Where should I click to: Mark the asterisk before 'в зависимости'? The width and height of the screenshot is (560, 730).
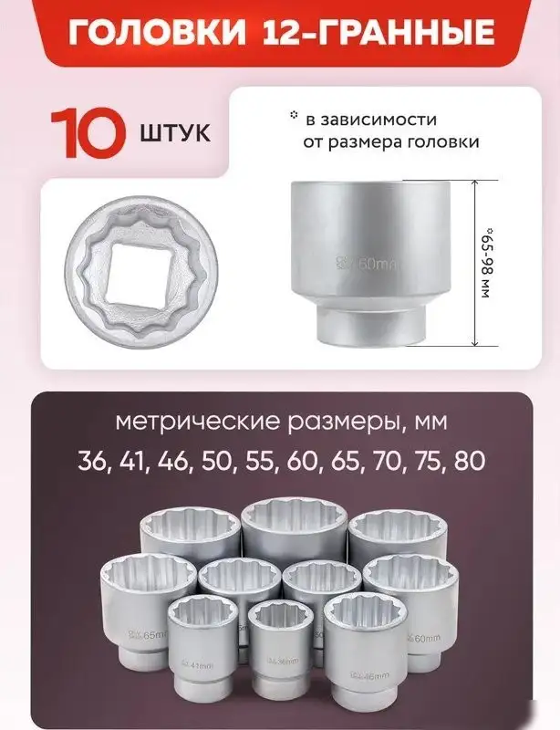(293, 116)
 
